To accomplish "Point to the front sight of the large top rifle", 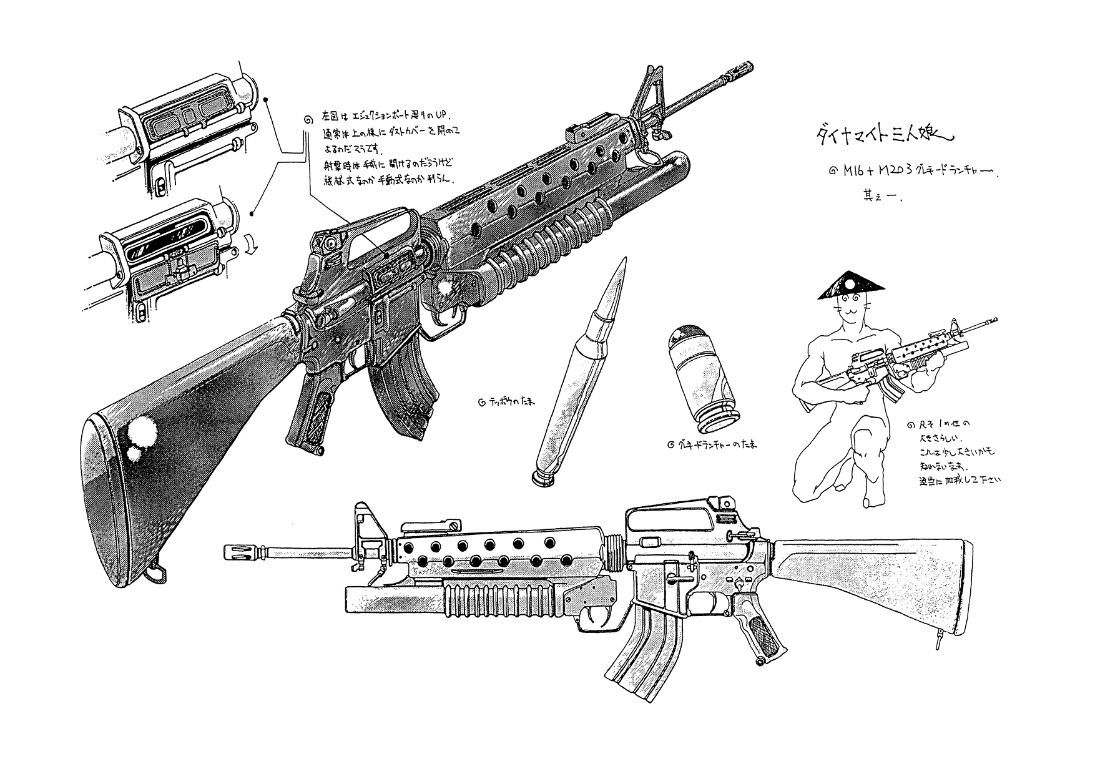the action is click(x=646, y=100).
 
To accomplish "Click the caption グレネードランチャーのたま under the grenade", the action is click(x=712, y=446).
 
